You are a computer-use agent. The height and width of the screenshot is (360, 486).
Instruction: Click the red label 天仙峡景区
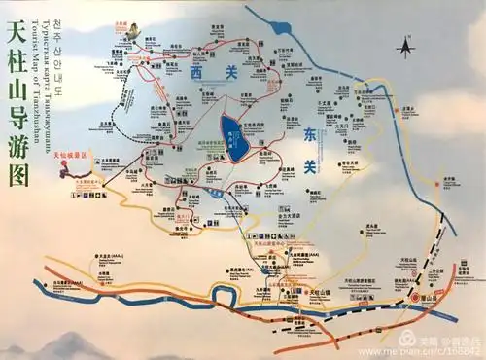click(x=69, y=156)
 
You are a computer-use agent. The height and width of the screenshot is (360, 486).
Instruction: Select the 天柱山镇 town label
click(x=322, y=291)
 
